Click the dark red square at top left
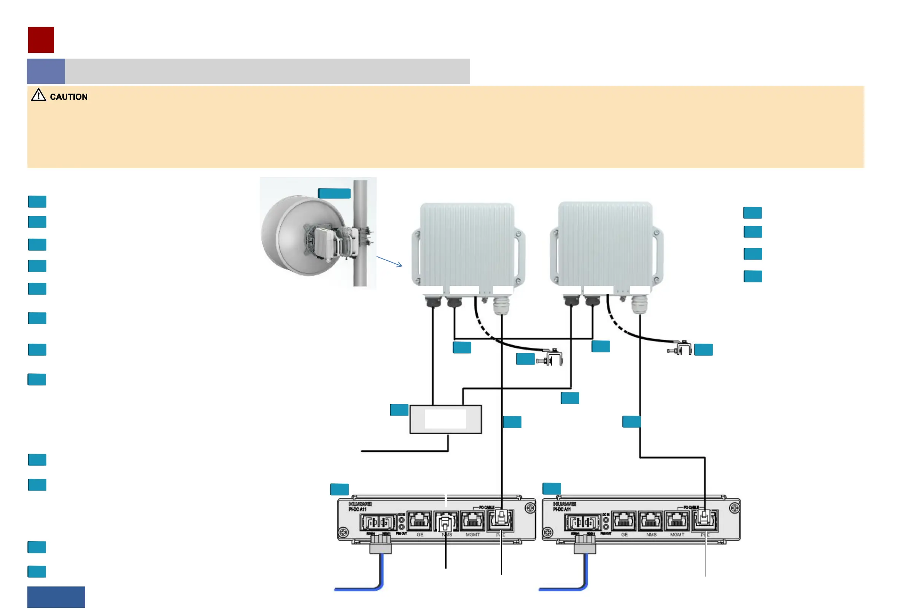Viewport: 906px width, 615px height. (x=41, y=40)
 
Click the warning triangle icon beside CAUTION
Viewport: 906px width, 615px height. (x=38, y=95)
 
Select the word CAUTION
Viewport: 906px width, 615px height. (x=68, y=97)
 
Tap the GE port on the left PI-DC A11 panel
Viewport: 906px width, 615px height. (x=420, y=521)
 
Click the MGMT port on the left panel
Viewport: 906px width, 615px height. (x=472, y=521)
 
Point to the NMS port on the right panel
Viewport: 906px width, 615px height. (x=651, y=521)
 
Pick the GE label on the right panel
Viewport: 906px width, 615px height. (x=624, y=535)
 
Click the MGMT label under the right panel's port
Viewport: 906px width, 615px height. (x=677, y=535)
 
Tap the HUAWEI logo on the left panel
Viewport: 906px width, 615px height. (x=360, y=504)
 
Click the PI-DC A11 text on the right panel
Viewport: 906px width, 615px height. (x=562, y=509)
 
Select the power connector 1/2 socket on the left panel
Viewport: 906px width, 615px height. (x=378, y=522)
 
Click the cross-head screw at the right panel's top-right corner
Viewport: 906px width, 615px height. (x=734, y=508)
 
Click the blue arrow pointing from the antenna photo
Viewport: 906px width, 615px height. (x=389, y=262)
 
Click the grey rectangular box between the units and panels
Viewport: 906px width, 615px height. (x=446, y=419)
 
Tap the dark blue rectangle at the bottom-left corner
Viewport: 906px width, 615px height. (x=56, y=597)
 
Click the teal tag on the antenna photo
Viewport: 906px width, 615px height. (x=334, y=193)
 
